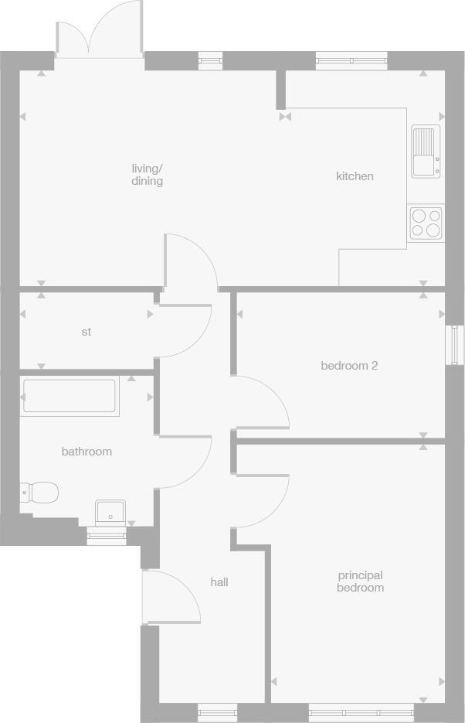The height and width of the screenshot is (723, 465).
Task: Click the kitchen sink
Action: pos(426,152)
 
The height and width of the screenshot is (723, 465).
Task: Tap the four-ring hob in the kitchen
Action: pos(426,223)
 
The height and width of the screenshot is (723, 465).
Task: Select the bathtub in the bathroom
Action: pos(70,396)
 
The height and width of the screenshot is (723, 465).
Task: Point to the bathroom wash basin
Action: pos(110,512)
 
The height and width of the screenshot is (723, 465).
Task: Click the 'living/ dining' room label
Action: pos(147,175)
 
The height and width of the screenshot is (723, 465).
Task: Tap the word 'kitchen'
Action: pos(355,176)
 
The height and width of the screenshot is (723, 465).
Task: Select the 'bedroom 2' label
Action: pos(349,365)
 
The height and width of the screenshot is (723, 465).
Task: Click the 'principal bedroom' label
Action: pos(360,581)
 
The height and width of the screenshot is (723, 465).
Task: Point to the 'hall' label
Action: pos(219,581)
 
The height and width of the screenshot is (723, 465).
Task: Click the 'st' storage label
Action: pos(86,332)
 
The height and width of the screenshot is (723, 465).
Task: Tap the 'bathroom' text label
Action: pos(87,452)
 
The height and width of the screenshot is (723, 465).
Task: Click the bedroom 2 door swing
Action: pos(260,402)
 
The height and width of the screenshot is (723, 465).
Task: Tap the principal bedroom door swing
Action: pos(260,501)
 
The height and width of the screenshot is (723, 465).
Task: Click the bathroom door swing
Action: pos(184,462)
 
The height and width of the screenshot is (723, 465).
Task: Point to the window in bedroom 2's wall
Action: pos(456,344)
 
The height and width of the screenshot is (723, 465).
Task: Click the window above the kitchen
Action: pos(351,60)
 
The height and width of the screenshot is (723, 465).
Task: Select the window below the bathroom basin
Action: pos(106,536)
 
